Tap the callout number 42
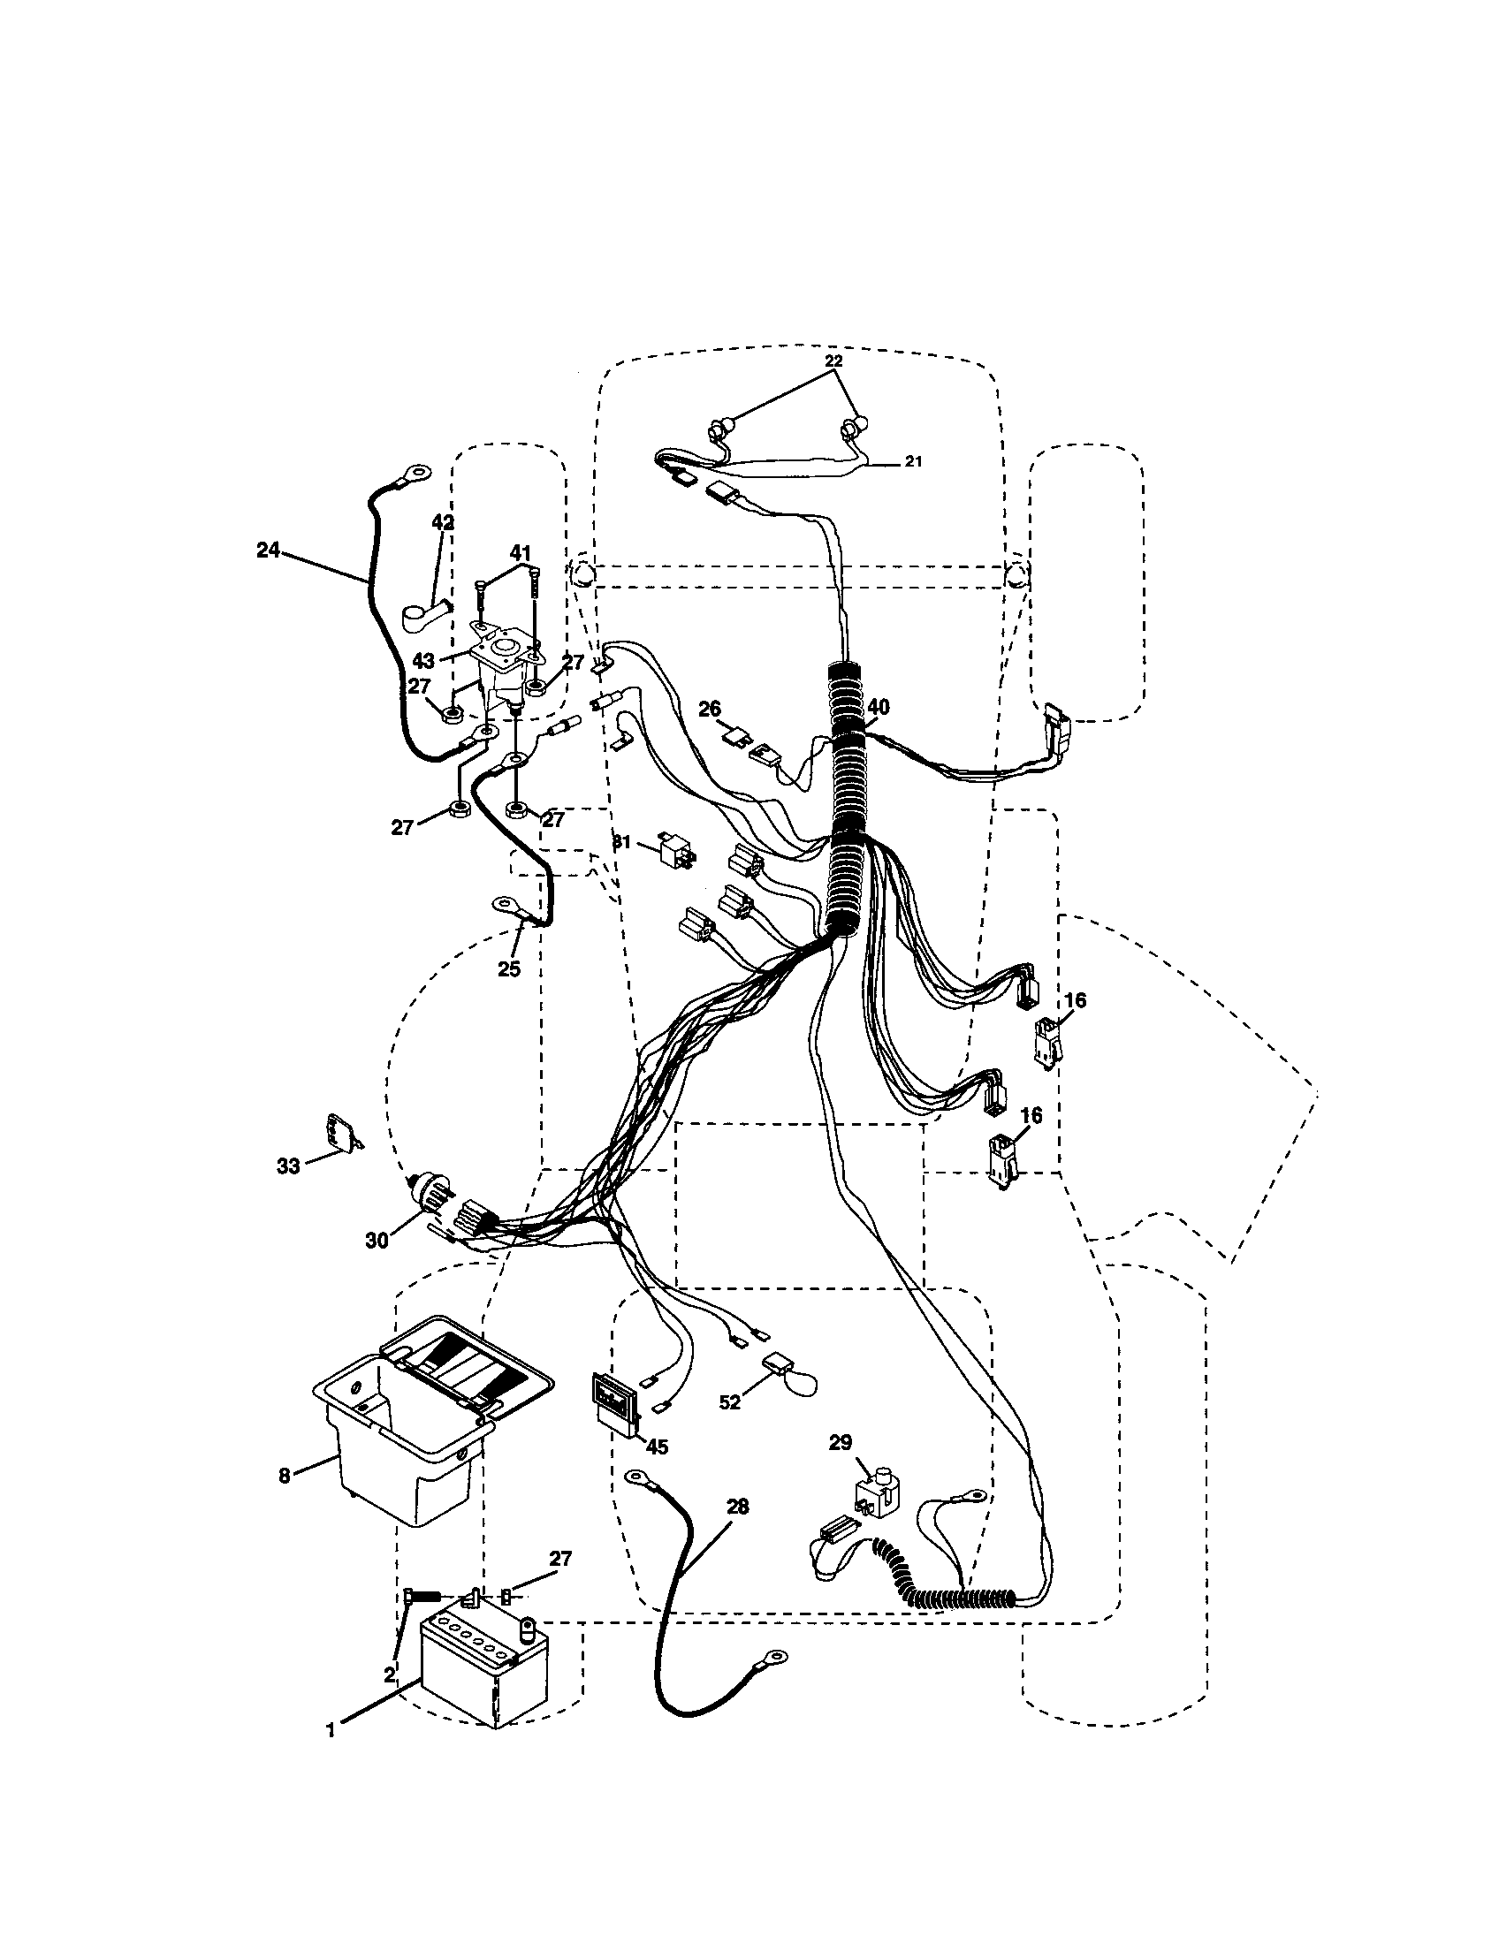(443, 522)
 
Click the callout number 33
(288, 1166)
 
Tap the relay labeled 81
(676, 850)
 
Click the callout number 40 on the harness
(878, 707)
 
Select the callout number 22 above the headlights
(833, 361)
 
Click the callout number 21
(913, 461)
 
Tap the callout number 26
(710, 709)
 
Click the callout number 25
(509, 969)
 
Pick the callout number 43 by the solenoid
(423, 662)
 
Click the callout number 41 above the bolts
(520, 553)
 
